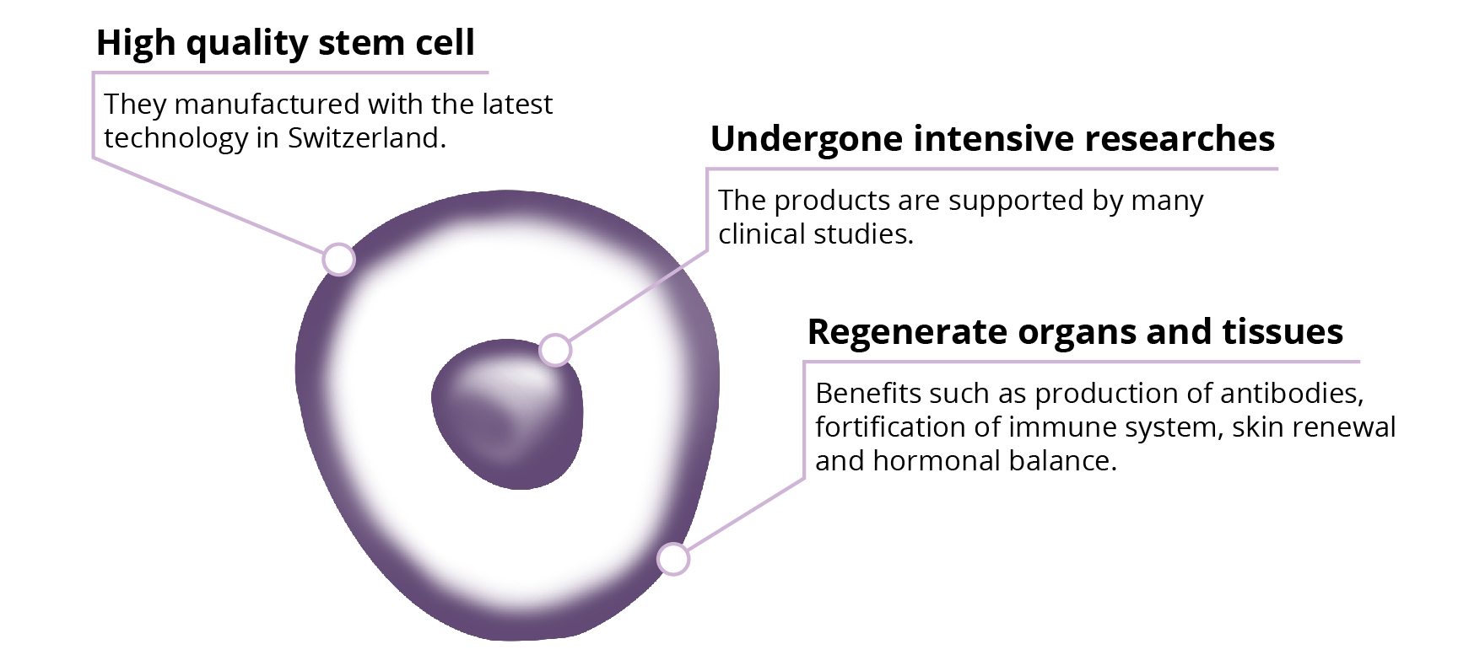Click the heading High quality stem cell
(x=285, y=43)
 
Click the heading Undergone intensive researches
(x=992, y=139)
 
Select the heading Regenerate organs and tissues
(x=1075, y=331)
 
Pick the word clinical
(x=757, y=234)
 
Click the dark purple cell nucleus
(x=507, y=414)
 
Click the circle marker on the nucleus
(x=555, y=349)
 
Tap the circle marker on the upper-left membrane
(x=338, y=259)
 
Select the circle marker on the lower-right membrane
(x=673, y=558)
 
